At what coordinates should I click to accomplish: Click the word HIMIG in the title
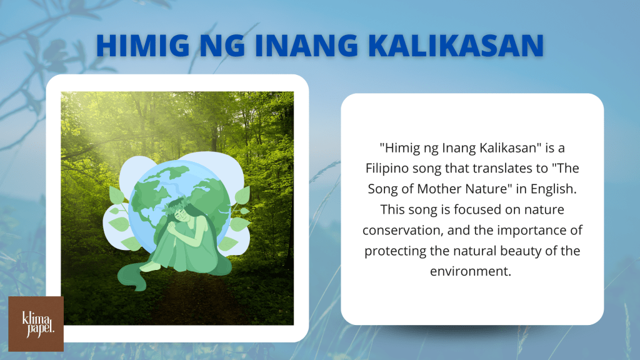coord(143,45)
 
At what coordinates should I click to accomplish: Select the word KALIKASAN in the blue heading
coord(456,45)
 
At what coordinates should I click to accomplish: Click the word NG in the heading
coord(222,45)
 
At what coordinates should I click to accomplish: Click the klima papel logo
coord(36,324)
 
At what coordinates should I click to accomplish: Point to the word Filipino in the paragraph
coord(387,169)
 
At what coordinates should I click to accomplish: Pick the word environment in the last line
coord(470,271)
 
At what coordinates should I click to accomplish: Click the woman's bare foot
coord(150,267)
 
